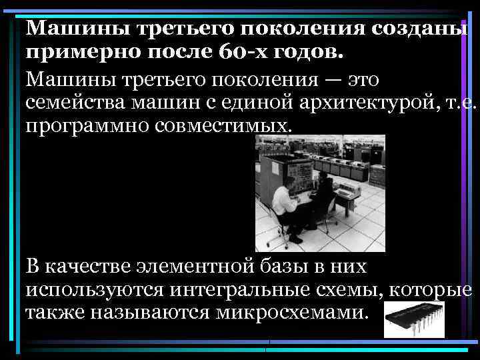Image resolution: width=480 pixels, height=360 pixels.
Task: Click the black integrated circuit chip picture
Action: point(414,319)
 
